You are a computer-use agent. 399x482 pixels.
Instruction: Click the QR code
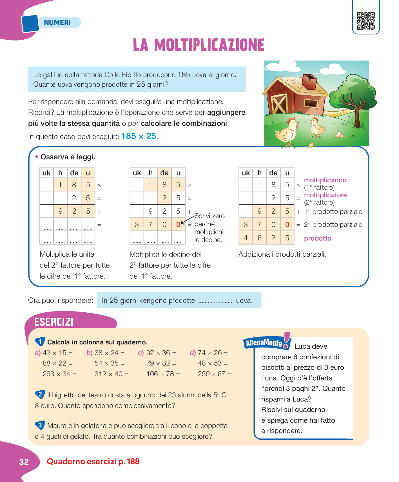click(366, 21)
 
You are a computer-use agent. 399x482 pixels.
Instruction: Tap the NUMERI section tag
click(57, 23)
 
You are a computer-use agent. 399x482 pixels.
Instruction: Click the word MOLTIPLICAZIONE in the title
click(209, 45)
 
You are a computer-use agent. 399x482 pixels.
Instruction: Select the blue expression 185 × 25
click(139, 136)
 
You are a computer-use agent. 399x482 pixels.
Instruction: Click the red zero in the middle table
click(178, 225)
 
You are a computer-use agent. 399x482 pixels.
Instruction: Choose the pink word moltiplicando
click(325, 180)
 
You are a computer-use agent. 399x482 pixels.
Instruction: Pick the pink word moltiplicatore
click(325, 195)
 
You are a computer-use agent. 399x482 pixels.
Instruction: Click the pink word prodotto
click(318, 238)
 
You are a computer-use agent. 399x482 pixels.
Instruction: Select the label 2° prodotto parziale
click(333, 225)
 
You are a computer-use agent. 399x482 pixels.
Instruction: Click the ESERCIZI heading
click(54, 322)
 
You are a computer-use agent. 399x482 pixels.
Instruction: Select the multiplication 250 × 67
click(215, 374)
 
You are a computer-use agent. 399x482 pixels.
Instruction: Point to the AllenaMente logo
click(266, 342)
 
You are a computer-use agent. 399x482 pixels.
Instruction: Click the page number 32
click(24, 462)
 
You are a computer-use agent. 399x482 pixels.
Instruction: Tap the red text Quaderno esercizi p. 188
click(93, 461)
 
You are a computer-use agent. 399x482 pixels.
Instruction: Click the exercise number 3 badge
click(40, 425)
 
